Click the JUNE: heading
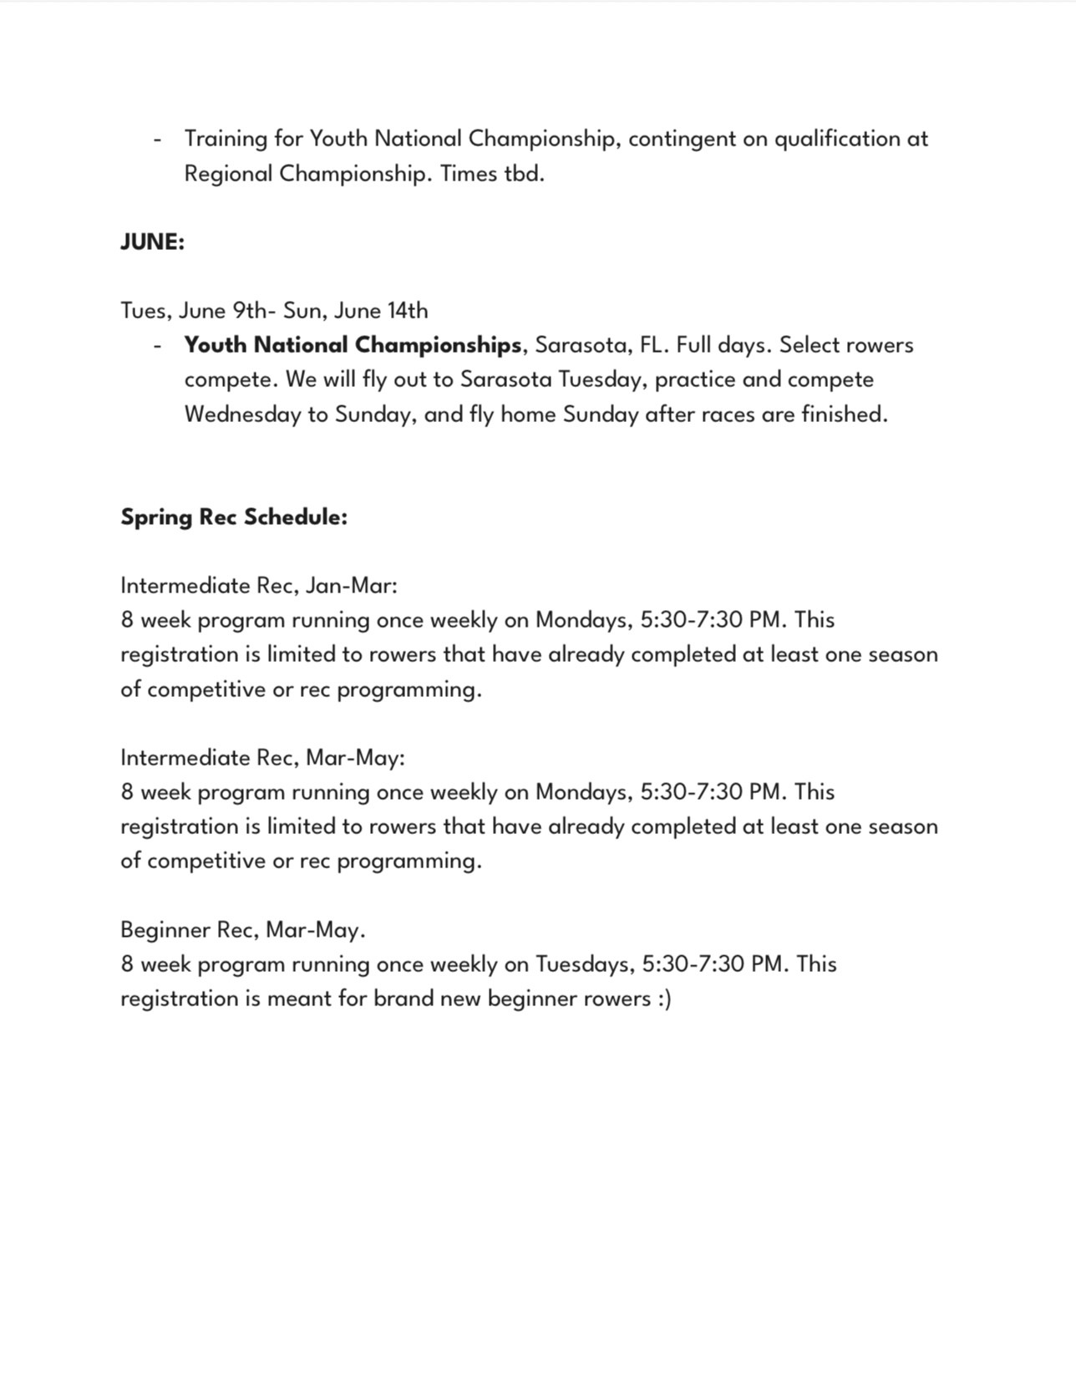152,242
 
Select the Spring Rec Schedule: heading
234,517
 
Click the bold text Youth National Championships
353,345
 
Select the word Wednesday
243,414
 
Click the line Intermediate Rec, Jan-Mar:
259,586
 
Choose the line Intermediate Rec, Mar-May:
262,758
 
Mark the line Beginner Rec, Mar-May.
243,930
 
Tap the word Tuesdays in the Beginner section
581,964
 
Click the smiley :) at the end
663,999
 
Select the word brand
403,999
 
